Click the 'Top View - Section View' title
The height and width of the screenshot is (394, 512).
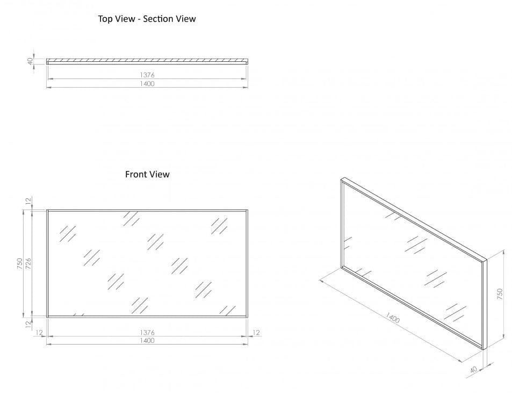147,19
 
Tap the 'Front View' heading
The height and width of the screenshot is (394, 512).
147,174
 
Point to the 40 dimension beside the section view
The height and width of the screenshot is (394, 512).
31,61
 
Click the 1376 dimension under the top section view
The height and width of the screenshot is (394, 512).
147,75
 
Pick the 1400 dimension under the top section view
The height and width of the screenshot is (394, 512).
147,84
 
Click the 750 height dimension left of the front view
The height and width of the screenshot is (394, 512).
20,263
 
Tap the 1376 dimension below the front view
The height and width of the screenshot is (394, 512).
147,333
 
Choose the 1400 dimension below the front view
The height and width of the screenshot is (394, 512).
147,341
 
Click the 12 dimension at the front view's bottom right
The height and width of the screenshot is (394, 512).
256,333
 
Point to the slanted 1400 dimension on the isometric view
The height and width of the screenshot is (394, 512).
393,318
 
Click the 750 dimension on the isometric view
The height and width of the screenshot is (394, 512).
499,293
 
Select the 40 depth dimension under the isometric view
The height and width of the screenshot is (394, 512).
474,370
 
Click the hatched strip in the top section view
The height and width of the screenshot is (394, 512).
147,60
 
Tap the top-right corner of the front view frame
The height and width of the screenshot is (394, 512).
247,210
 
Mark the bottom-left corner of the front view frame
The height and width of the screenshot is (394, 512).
47,317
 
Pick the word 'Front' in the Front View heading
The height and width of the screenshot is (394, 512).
136,174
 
